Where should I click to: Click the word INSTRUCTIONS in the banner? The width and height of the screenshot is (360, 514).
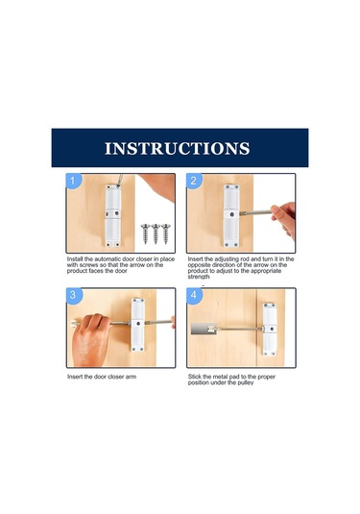point(178,148)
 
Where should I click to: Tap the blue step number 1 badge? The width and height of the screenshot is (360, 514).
point(73,181)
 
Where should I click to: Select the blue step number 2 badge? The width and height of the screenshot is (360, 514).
point(194,181)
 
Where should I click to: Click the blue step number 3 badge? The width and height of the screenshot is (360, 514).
point(73,295)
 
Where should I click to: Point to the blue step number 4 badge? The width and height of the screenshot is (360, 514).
point(194,295)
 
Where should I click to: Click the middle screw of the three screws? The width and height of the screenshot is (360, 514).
point(156,233)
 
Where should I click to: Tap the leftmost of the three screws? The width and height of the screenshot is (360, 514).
point(146,233)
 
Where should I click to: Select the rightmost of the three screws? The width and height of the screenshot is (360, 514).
point(166,233)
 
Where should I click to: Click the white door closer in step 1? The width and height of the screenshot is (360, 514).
point(113,215)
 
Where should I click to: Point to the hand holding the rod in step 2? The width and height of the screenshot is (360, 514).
point(284,218)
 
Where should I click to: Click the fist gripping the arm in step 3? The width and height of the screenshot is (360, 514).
point(91,339)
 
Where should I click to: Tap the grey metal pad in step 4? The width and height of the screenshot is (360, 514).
point(204,329)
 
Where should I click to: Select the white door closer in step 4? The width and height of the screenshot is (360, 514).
point(270,330)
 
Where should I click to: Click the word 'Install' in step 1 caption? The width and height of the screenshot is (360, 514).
point(75,259)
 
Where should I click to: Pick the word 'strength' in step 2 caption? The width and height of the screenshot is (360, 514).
point(199,277)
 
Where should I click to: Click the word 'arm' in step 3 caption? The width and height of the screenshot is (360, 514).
point(131,377)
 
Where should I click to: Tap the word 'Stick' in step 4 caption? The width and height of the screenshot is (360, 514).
point(195,377)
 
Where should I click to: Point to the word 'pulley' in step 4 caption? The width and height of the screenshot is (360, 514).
point(245,383)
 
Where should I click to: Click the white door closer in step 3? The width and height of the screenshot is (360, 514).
point(138,325)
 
